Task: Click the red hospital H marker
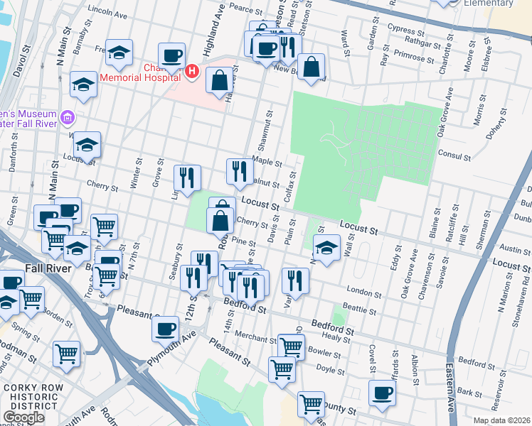[191, 72]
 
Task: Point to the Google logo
[23, 417]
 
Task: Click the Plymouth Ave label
[171, 349]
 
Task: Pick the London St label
[366, 290]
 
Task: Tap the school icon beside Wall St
[326, 248]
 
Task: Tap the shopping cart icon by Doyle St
[282, 368]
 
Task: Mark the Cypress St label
[406, 31]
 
